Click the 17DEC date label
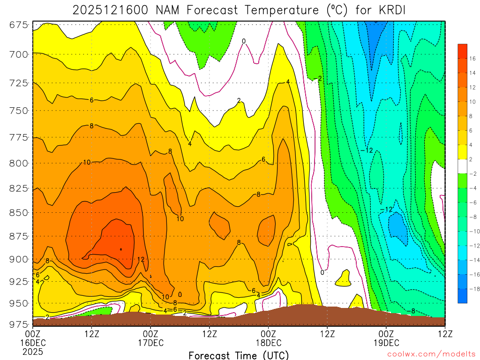[150, 343]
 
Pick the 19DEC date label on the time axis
[386, 343]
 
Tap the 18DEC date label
[268, 343]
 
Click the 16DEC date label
[33, 343]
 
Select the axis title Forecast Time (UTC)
[239, 355]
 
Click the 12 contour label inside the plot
[141, 259]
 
